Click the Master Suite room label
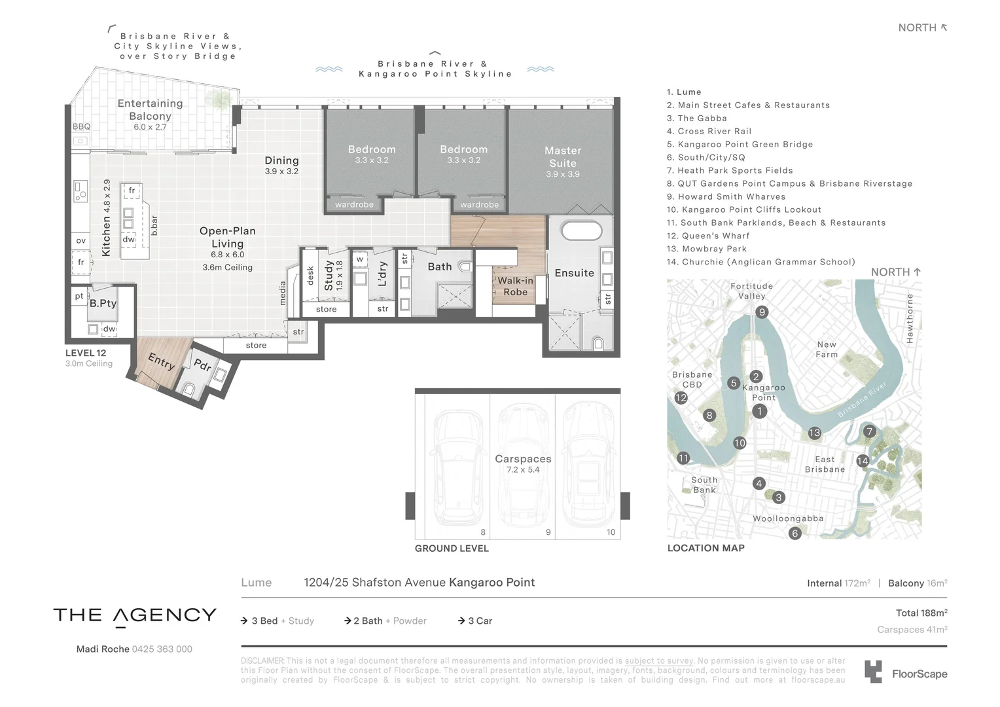[562, 157]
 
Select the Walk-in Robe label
[515, 286]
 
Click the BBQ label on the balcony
[82, 126]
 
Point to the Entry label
[160, 361]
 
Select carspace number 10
[611, 532]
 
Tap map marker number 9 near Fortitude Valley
[761, 312]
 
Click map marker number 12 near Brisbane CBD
[681, 397]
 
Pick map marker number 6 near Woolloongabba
[795, 533]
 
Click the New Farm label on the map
[827, 349]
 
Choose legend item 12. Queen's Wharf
[707, 236]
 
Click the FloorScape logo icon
[872, 672]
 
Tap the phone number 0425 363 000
[162, 649]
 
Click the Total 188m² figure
[921, 613]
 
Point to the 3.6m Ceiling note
[227, 267]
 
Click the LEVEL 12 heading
[86, 353]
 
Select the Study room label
[329, 276]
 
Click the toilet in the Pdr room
[189, 390]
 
